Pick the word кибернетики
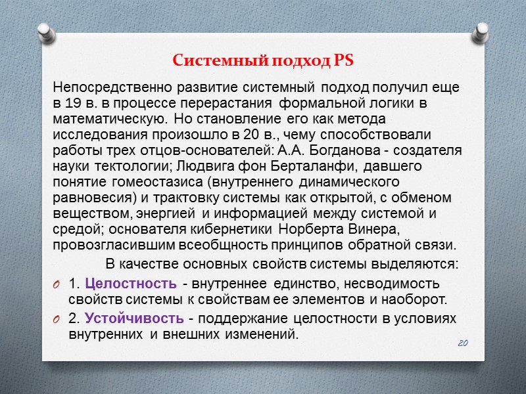coord(239,229)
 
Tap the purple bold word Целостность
coord(131,284)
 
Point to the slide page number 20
coord(462,344)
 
